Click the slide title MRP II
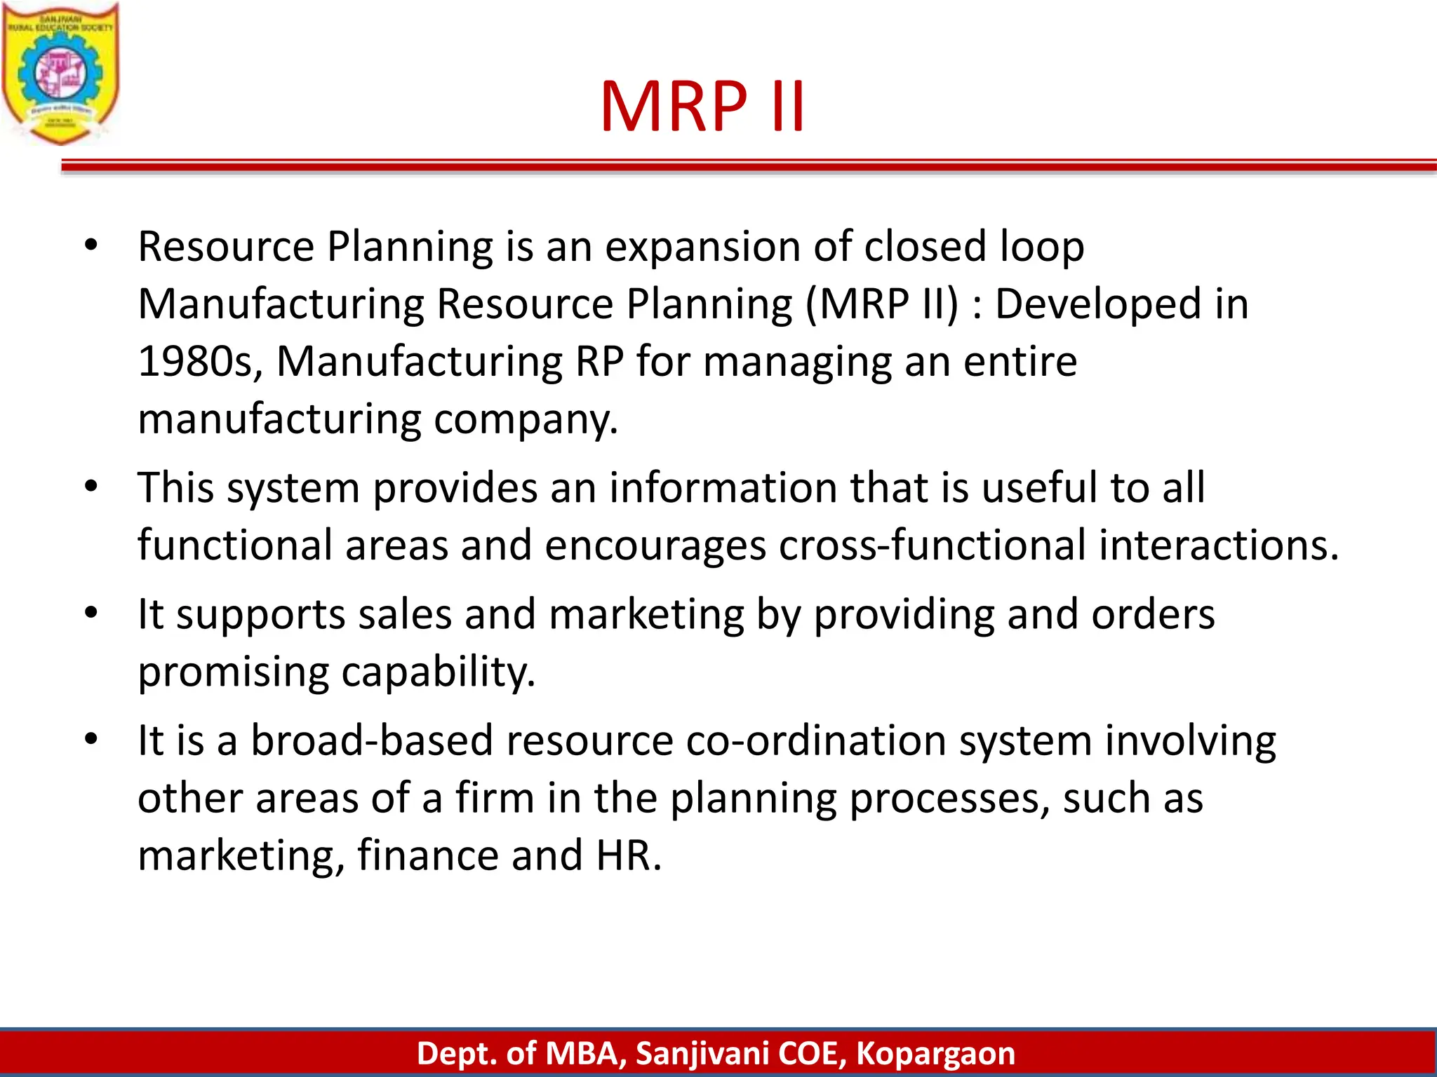pos(702,107)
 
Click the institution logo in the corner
pos(60,73)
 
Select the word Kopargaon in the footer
pos(935,1054)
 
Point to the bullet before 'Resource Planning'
pos(91,246)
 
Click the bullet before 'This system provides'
pos(91,487)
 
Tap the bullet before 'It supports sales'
pos(91,614)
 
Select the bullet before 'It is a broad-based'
pos(91,740)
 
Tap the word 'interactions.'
pos(1219,546)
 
